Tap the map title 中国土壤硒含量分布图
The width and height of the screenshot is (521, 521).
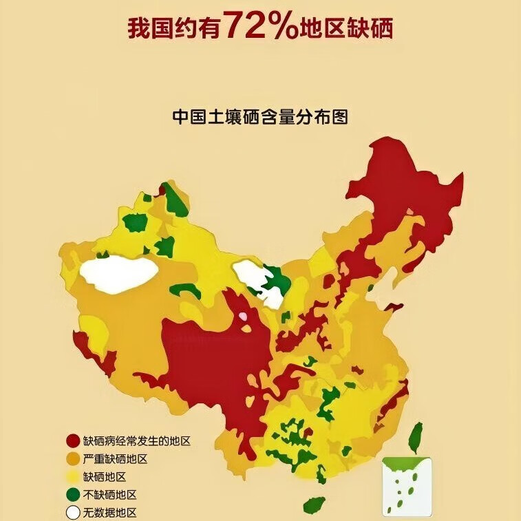(x=260, y=116)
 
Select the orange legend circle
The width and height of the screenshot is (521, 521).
(x=73, y=459)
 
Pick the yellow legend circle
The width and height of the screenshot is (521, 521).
(x=73, y=477)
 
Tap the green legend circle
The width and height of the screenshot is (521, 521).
(x=73, y=495)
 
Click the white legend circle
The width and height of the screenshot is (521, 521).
(x=73, y=513)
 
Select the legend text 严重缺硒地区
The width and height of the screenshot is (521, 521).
(x=115, y=459)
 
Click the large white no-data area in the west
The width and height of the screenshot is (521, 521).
(x=118, y=273)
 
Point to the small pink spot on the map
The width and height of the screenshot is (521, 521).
(x=243, y=317)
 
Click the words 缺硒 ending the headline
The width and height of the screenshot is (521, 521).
(x=373, y=28)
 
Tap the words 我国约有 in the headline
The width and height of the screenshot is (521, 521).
(x=176, y=28)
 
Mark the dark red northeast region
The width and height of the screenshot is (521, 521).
(x=406, y=200)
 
